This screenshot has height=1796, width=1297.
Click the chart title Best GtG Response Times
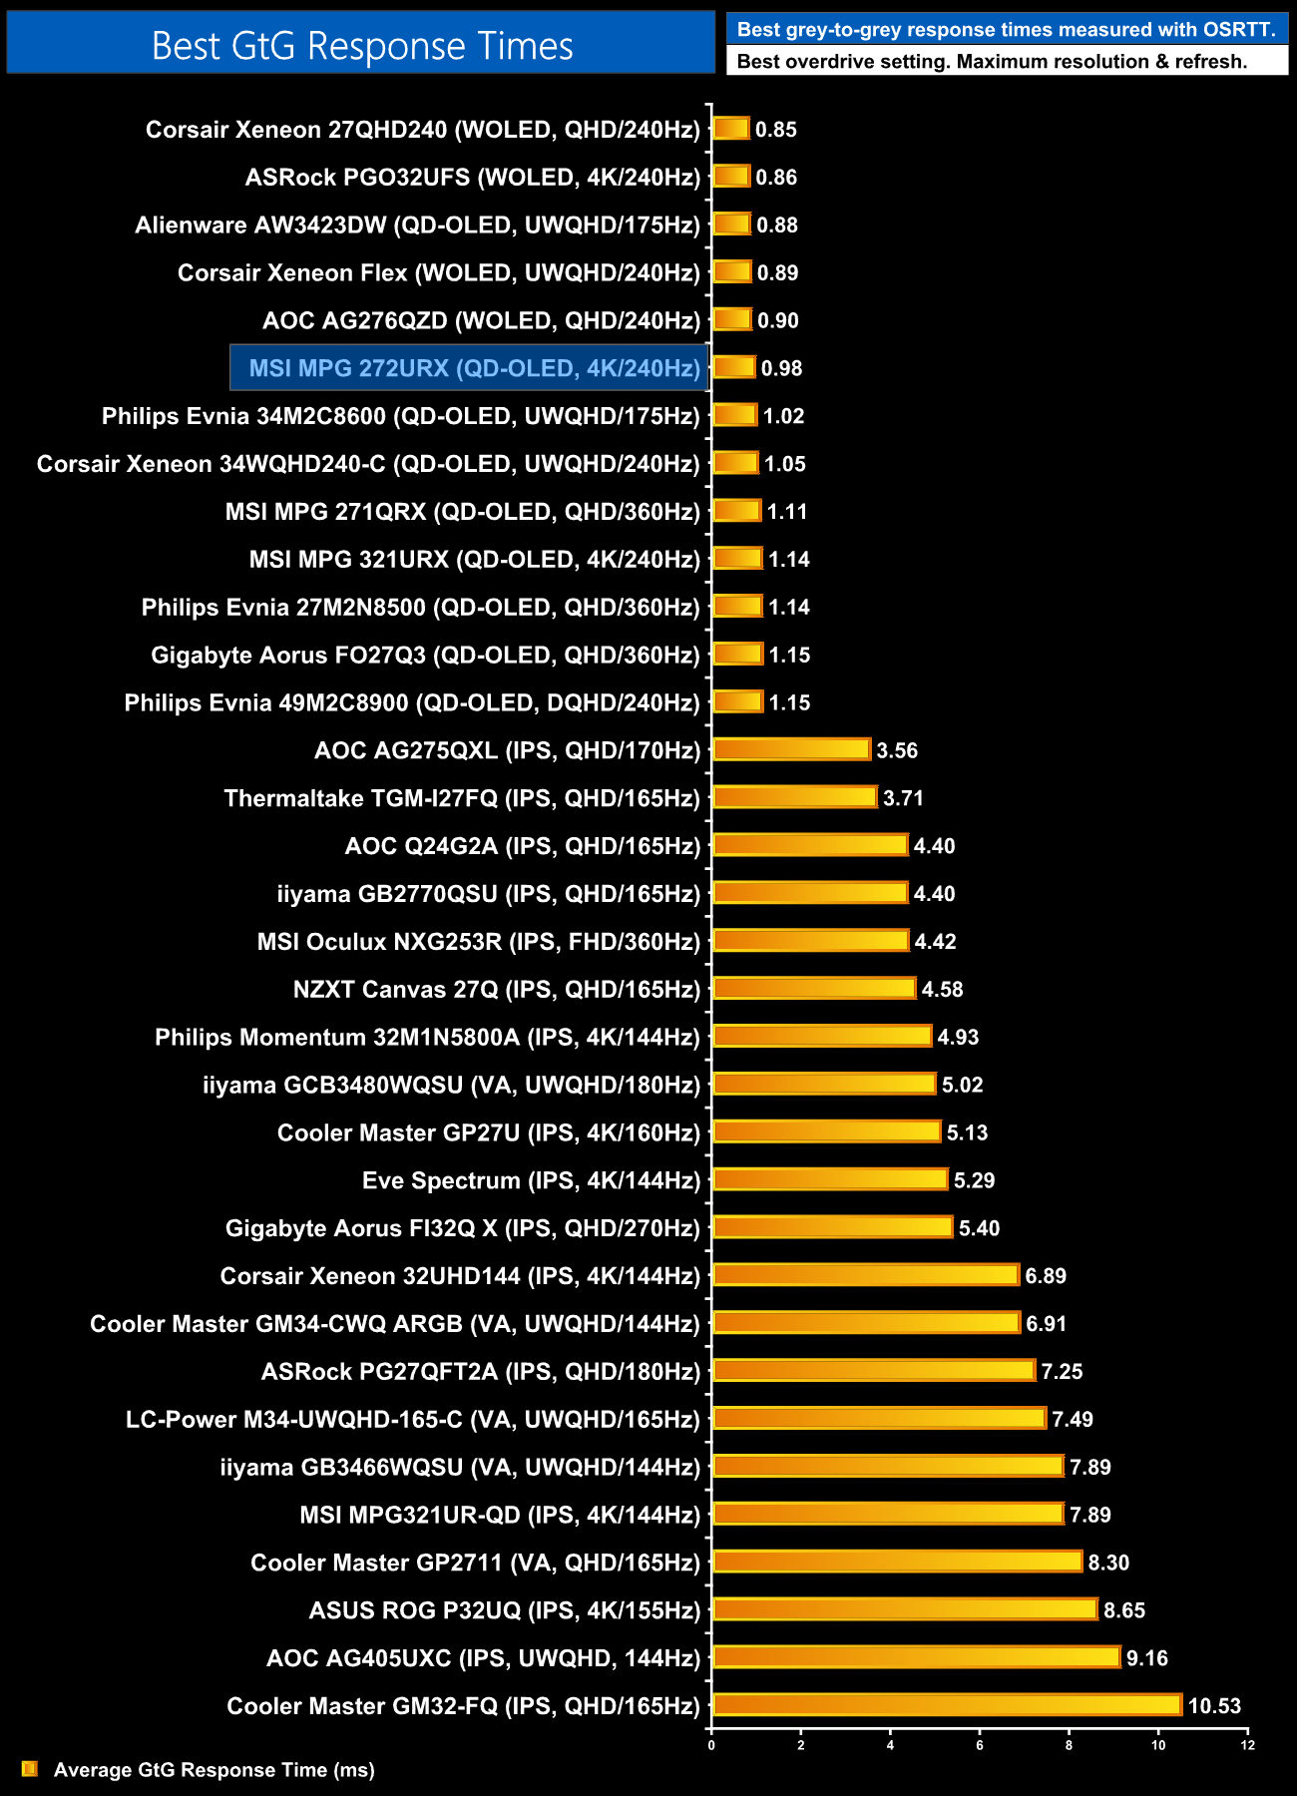click(x=361, y=46)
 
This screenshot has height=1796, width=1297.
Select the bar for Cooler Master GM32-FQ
click(x=948, y=1705)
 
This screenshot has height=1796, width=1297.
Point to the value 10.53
click(x=1214, y=1706)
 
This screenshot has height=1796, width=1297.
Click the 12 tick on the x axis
click(x=1247, y=1745)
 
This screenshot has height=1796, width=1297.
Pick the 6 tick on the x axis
click(x=980, y=1745)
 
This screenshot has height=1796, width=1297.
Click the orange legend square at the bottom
click(x=30, y=1769)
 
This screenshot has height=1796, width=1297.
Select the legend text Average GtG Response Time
click(x=214, y=1770)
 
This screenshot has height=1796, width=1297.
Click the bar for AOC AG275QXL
click(x=792, y=749)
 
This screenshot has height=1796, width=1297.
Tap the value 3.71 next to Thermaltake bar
click(x=903, y=798)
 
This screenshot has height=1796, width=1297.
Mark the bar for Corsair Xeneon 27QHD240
click(x=731, y=129)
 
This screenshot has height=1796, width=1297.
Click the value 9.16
click(x=1146, y=1658)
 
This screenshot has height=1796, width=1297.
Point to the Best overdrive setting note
click(x=992, y=62)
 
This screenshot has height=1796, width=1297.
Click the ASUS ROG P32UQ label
click(x=504, y=1610)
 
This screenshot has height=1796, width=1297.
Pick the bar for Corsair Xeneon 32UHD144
click(x=866, y=1275)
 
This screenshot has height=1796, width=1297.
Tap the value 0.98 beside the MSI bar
click(x=781, y=368)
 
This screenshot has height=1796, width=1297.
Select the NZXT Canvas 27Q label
click(x=496, y=990)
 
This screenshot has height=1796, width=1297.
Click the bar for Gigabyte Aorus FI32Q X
click(x=833, y=1227)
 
